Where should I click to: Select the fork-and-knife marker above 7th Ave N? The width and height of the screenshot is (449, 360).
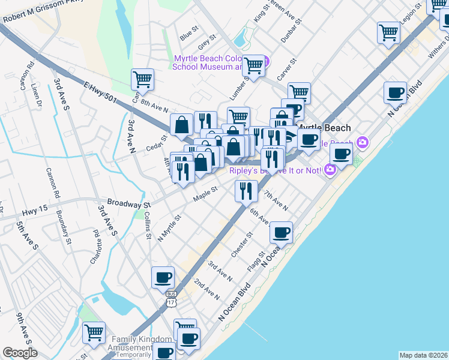click(246, 191)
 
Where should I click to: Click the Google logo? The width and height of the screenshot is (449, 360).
click(20, 353)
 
